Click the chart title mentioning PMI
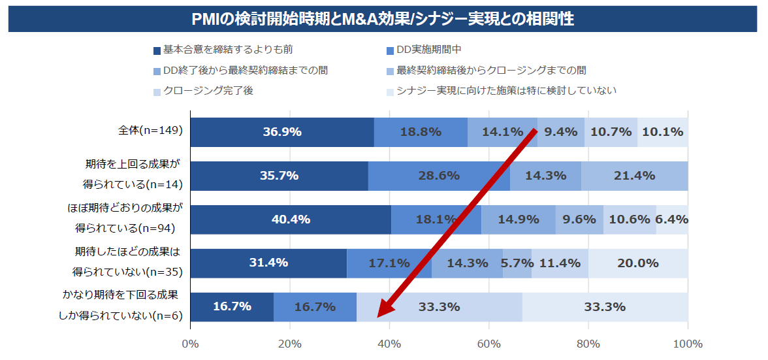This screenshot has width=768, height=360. [383, 19]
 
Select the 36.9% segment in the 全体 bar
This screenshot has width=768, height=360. [281, 132]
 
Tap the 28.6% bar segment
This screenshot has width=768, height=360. [439, 176]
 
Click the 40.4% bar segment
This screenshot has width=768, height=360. [291, 220]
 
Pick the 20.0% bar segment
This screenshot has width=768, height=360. [637, 263]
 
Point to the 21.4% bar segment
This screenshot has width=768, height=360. [634, 176]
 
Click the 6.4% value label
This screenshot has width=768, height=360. [672, 220]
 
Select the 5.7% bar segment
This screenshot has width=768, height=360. [517, 263]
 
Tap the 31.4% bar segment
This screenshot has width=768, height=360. [268, 263]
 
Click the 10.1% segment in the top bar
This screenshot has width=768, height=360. [662, 132]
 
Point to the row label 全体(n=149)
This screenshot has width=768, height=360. [150, 130]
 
